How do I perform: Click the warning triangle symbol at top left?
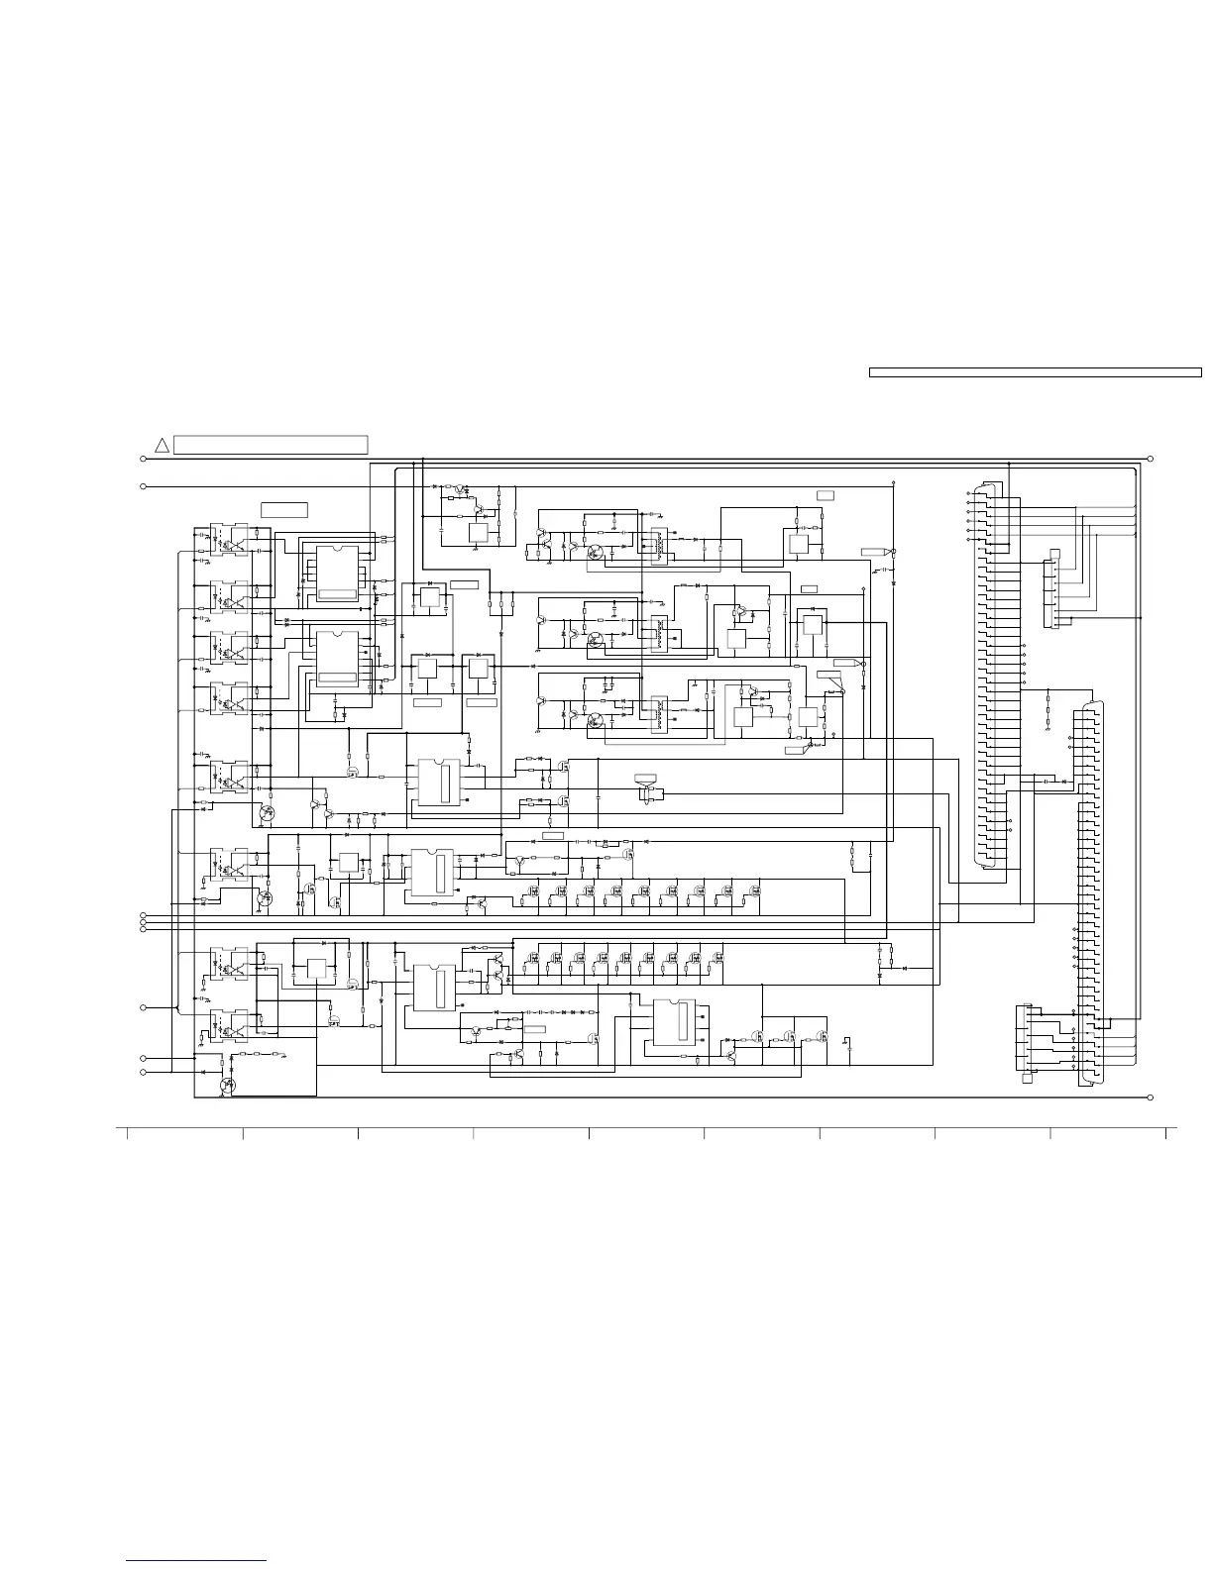point(163,445)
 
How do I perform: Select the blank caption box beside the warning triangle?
point(271,445)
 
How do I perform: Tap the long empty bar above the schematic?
point(1035,372)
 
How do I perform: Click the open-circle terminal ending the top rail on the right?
point(1150,459)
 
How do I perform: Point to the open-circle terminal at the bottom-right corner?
point(1150,1098)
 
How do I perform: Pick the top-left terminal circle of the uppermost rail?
point(144,459)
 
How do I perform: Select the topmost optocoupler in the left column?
point(229,539)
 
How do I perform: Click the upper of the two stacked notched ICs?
point(337,575)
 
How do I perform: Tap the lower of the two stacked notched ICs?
point(337,657)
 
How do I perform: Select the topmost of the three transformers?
point(655,546)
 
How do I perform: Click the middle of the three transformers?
point(655,633)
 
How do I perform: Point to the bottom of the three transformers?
point(655,715)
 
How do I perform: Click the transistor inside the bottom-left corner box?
point(228,1085)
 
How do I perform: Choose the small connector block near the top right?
point(1051,593)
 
